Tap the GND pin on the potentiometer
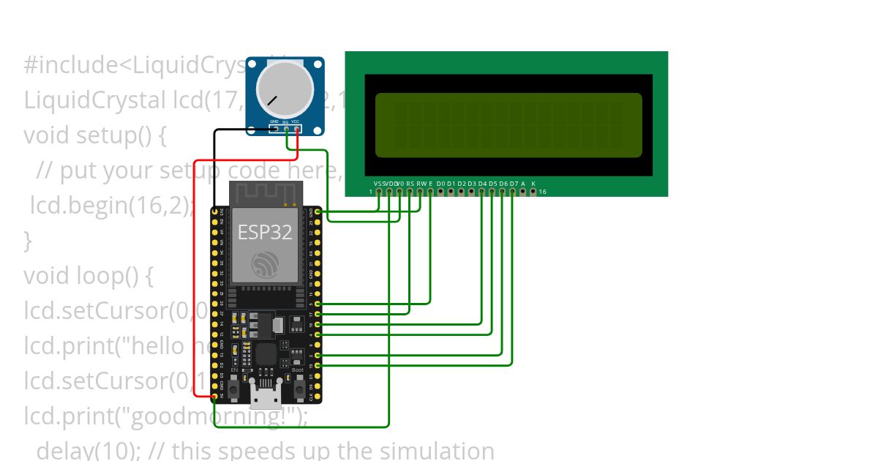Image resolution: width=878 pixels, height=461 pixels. click(274, 129)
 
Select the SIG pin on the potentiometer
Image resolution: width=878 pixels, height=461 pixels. click(285, 129)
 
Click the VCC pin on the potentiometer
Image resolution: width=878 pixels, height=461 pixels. click(296, 129)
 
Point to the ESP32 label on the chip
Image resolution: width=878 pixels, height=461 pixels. click(265, 232)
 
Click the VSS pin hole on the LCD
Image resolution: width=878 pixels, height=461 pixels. click(378, 192)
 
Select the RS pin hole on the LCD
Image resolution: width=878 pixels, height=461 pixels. click(410, 192)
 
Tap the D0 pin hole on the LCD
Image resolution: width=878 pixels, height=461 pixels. click(440, 192)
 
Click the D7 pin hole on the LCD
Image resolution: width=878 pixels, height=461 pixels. click(513, 192)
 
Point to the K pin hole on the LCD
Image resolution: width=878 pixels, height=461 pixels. click(533, 192)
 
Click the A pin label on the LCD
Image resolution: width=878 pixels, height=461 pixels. click(523, 183)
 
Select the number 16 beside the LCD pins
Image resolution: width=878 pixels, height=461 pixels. click(542, 192)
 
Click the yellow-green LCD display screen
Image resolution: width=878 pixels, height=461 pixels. click(509, 124)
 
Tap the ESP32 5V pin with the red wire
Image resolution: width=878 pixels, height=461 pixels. click(214, 397)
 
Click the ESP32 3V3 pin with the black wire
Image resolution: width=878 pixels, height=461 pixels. click(214, 211)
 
